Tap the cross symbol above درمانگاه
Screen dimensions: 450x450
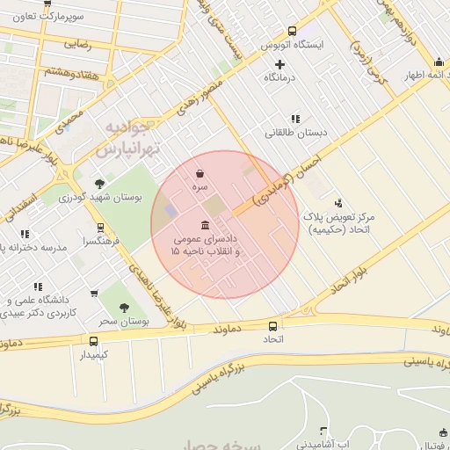coord(279,64)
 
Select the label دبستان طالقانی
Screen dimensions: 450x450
coord(295,133)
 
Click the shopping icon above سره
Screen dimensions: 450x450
coord(201,174)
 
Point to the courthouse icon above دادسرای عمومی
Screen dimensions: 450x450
coord(205,225)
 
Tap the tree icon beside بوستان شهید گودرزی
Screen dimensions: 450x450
coord(99,184)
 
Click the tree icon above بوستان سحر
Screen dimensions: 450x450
coord(123,308)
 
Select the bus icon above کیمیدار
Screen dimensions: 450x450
coord(93,341)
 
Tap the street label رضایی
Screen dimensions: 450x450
coord(76,42)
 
